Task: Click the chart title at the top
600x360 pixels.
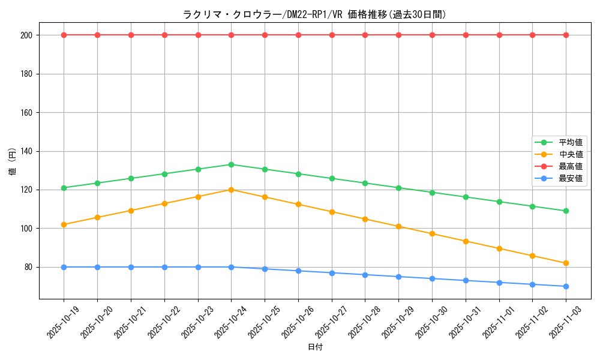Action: click(314, 14)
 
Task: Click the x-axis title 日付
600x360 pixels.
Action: click(314, 347)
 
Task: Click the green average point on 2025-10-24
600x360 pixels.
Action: click(231, 164)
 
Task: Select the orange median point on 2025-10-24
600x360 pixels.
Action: click(231, 190)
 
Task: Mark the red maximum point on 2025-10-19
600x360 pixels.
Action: click(64, 35)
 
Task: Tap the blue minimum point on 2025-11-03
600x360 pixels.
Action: click(566, 286)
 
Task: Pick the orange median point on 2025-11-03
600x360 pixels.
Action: click(566, 263)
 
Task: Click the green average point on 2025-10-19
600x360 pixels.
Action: click(64, 188)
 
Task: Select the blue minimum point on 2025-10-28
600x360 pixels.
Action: click(365, 275)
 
